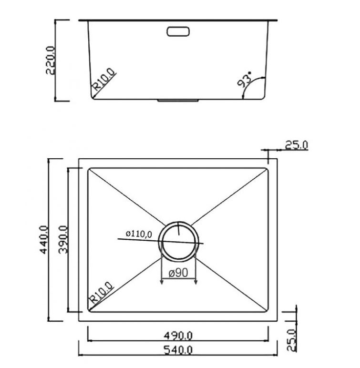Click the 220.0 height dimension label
51,61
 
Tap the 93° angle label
245,80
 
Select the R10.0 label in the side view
104,80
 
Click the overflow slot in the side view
178,31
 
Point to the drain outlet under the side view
178,101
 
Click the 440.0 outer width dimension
44,240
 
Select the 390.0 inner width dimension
63,240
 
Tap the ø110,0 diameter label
139,234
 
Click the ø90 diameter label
178,273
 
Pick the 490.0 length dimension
178,336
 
